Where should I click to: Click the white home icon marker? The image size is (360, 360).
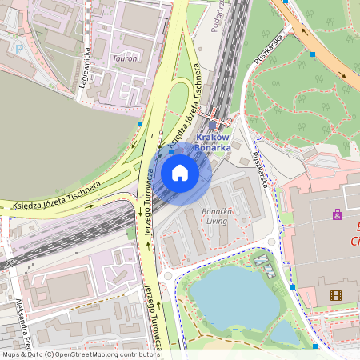pyautogui.click(x=180, y=174)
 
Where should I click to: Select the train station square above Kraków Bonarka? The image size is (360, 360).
pyautogui.click(x=212, y=124)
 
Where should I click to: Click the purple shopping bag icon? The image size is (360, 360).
pyautogui.click(x=338, y=214)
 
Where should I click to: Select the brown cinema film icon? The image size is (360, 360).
pyautogui.click(x=336, y=295)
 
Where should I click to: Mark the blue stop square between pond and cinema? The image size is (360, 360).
pyautogui.click(x=293, y=286)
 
